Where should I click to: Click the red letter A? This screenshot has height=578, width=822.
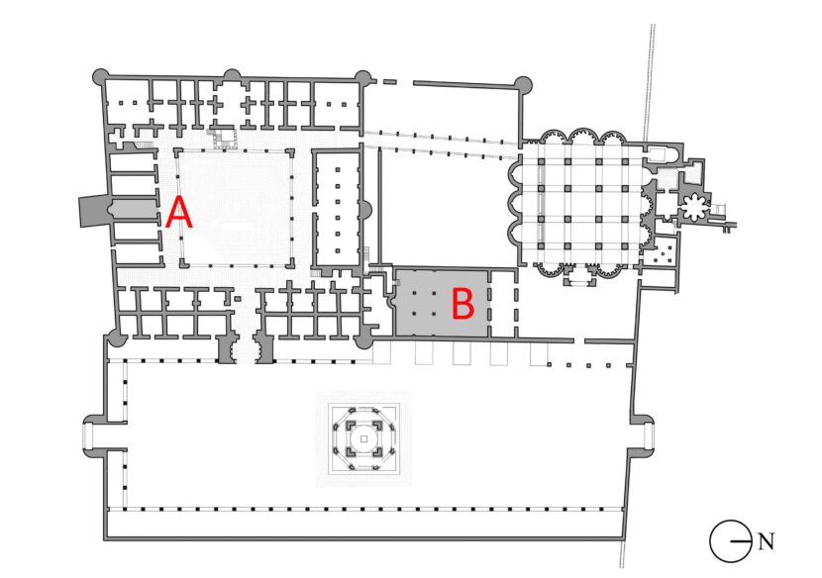pyautogui.click(x=179, y=212)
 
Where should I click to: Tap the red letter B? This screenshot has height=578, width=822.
pyautogui.click(x=462, y=304)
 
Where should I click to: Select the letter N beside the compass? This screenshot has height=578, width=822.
pyautogui.click(x=766, y=540)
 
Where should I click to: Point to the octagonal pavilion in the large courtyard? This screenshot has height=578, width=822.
pyautogui.click(x=364, y=438)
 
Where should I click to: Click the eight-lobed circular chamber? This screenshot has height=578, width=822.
pyautogui.click(x=695, y=207)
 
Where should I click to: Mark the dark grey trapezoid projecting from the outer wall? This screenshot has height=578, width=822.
pyautogui.click(x=93, y=211)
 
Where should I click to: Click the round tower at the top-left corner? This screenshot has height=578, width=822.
pyautogui.click(x=101, y=77)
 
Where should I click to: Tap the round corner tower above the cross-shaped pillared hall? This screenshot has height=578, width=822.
pyautogui.click(x=522, y=84)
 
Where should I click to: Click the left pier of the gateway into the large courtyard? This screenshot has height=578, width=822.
pyautogui.click(x=228, y=348)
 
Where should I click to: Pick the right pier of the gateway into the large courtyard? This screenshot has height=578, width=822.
pyautogui.click(x=263, y=348)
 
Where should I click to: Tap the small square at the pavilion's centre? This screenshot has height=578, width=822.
pyautogui.click(x=363, y=439)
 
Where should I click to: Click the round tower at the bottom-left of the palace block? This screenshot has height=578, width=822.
pyautogui.click(x=117, y=338)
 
